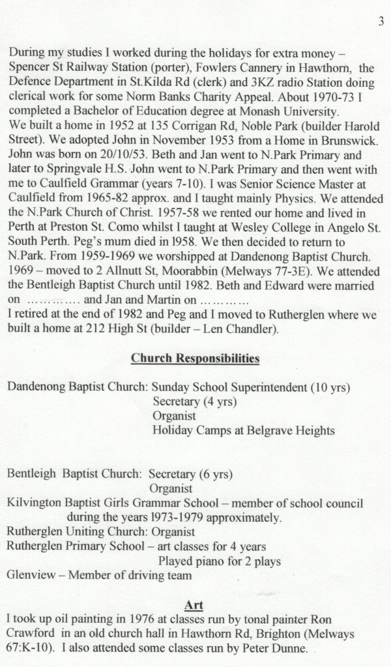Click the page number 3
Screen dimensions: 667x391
click(x=379, y=21)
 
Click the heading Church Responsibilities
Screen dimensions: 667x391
click(x=195, y=358)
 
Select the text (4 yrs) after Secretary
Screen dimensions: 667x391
click(x=218, y=401)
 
